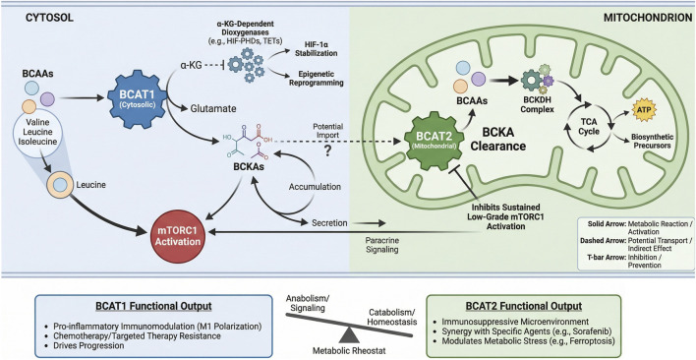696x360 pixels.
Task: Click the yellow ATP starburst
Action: (x=640, y=108)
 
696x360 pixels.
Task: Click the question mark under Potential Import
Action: (x=328, y=151)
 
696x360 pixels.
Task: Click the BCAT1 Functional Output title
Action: (x=152, y=306)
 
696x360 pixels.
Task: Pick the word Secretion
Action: (x=329, y=222)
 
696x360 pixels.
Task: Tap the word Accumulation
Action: (x=315, y=187)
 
